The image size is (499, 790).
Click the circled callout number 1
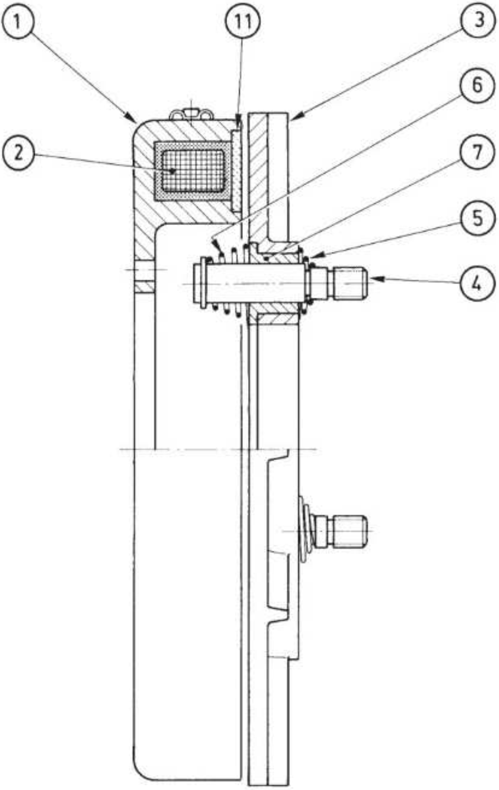(x=18, y=21)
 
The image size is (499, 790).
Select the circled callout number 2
(x=18, y=153)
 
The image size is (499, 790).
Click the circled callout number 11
(x=244, y=21)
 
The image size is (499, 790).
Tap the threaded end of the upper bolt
(x=349, y=284)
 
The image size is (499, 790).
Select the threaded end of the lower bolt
(x=349, y=532)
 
